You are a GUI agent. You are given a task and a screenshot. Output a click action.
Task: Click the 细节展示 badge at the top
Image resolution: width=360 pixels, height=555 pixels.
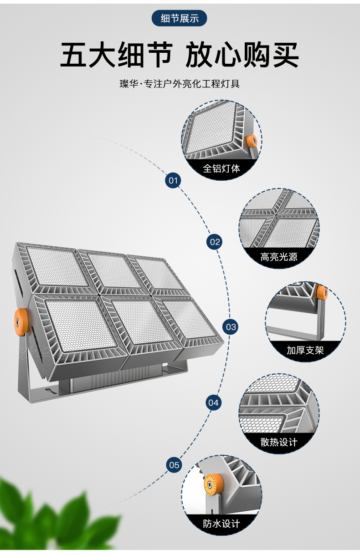(x=180, y=19)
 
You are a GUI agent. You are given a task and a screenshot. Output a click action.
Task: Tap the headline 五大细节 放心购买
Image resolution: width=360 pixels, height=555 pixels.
(x=180, y=56)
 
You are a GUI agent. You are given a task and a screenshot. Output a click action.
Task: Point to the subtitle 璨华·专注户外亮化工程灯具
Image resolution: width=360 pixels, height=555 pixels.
(x=180, y=84)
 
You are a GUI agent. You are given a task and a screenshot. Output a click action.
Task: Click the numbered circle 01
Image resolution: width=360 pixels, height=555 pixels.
(x=173, y=181)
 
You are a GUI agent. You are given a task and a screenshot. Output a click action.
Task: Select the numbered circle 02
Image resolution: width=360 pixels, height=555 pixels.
(x=215, y=242)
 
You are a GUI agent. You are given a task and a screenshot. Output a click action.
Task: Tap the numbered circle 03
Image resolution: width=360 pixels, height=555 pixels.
(x=231, y=326)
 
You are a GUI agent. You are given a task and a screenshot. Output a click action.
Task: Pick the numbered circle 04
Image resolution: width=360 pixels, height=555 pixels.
(x=213, y=402)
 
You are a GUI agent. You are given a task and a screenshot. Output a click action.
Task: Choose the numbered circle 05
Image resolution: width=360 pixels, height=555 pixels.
(x=175, y=465)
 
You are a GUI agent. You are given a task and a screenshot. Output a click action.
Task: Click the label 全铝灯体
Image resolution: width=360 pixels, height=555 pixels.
(x=221, y=168)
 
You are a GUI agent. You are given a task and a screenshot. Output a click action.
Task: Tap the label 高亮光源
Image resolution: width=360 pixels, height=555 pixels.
(x=279, y=257)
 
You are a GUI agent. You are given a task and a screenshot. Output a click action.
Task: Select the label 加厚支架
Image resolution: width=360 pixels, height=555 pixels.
(x=305, y=350)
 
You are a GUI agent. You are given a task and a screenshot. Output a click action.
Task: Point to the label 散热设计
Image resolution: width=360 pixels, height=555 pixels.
(x=279, y=442)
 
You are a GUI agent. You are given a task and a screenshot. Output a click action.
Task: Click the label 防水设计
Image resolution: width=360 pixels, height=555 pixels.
(x=221, y=524)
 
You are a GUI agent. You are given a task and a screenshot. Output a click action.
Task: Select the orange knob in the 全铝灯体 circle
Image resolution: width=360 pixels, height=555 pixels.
(x=251, y=141)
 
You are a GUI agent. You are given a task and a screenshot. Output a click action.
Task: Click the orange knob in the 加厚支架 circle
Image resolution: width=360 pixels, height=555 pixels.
(x=322, y=292)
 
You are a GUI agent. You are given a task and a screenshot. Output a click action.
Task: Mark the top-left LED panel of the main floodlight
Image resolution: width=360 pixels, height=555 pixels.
(x=57, y=266)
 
